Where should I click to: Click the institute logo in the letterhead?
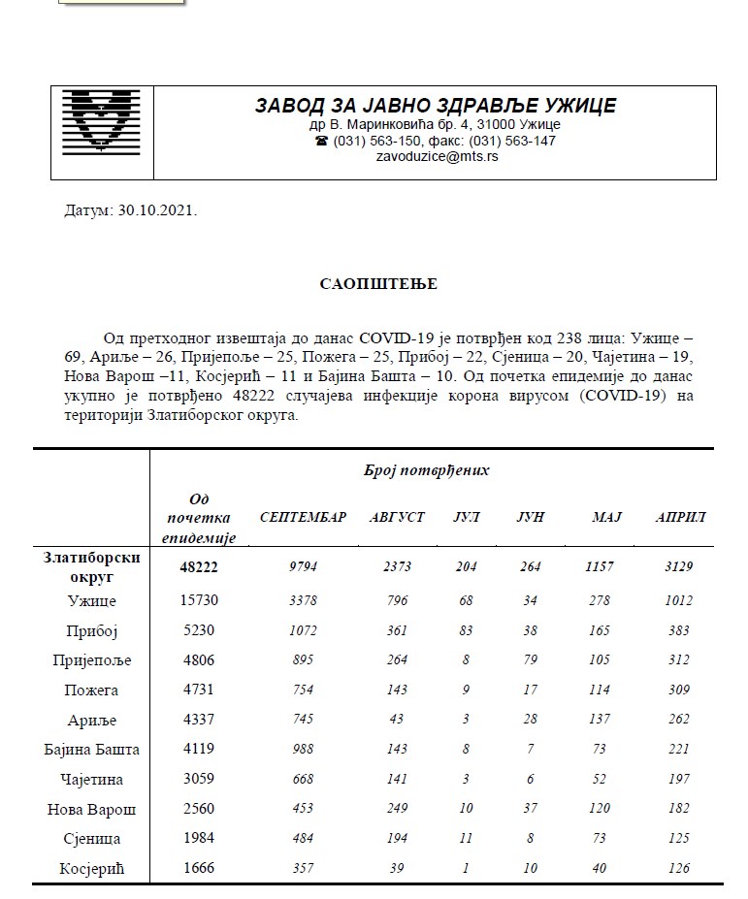[101, 132]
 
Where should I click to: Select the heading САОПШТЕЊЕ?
[378, 284]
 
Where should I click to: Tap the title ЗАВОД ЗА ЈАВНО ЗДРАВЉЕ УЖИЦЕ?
[435, 106]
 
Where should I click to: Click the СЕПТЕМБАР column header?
[303, 518]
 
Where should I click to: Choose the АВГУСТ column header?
[397, 518]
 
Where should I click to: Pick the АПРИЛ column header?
[680, 518]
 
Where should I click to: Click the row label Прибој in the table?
[94, 630]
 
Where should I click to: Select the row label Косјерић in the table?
[94, 868]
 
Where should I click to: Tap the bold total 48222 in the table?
[199, 567]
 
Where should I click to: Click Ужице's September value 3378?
[303, 601]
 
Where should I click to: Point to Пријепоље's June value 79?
[529, 660]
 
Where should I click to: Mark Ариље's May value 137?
[600, 720]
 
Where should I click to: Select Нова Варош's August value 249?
[397, 809]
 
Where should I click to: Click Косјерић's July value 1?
[467, 868]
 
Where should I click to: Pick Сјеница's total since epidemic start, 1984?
[199, 838]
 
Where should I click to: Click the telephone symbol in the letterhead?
[321, 141]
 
